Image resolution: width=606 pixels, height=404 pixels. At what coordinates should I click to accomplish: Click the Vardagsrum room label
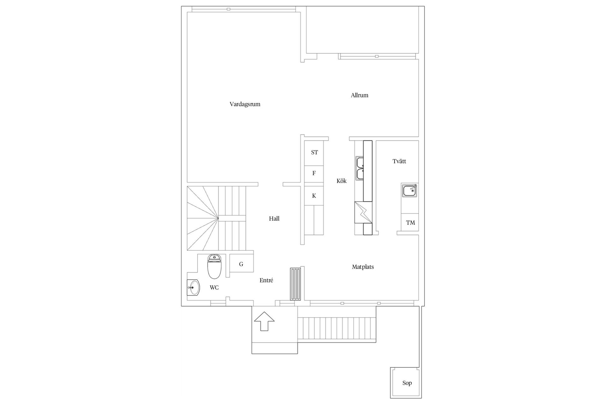[245, 104]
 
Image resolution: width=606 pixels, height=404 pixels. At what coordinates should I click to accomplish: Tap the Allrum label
[359, 95]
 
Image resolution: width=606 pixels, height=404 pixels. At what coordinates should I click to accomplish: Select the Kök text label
[342, 181]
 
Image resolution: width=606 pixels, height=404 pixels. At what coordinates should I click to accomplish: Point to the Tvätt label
[399, 161]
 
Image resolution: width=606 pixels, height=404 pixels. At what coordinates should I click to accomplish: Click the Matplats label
[363, 267]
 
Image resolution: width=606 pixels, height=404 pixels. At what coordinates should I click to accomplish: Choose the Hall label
[274, 218]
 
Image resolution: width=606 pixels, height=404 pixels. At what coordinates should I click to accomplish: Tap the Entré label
[266, 280]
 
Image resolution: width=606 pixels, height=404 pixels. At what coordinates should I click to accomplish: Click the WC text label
[214, 288]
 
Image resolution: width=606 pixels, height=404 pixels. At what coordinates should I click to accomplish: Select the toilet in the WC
[215, 267]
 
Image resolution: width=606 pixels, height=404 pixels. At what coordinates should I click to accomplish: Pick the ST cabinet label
[314, 152]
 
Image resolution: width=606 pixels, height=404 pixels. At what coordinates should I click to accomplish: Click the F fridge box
[314, 173]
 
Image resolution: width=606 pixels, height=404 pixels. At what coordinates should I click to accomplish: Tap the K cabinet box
[314, 196]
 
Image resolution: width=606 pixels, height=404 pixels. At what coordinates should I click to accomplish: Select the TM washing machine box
[410, 223]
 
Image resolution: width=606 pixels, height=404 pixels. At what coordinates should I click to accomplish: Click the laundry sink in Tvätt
[410, 191]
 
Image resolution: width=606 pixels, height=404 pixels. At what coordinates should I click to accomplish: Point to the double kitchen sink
[360, 168]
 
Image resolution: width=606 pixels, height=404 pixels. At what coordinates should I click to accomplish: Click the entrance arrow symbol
[264, 321]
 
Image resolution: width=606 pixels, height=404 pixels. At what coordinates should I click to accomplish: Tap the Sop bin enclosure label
[407, 383]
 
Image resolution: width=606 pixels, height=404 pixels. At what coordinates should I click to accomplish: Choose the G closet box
[241, 264]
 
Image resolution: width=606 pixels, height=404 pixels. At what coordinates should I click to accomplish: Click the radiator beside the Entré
[296, 284]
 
